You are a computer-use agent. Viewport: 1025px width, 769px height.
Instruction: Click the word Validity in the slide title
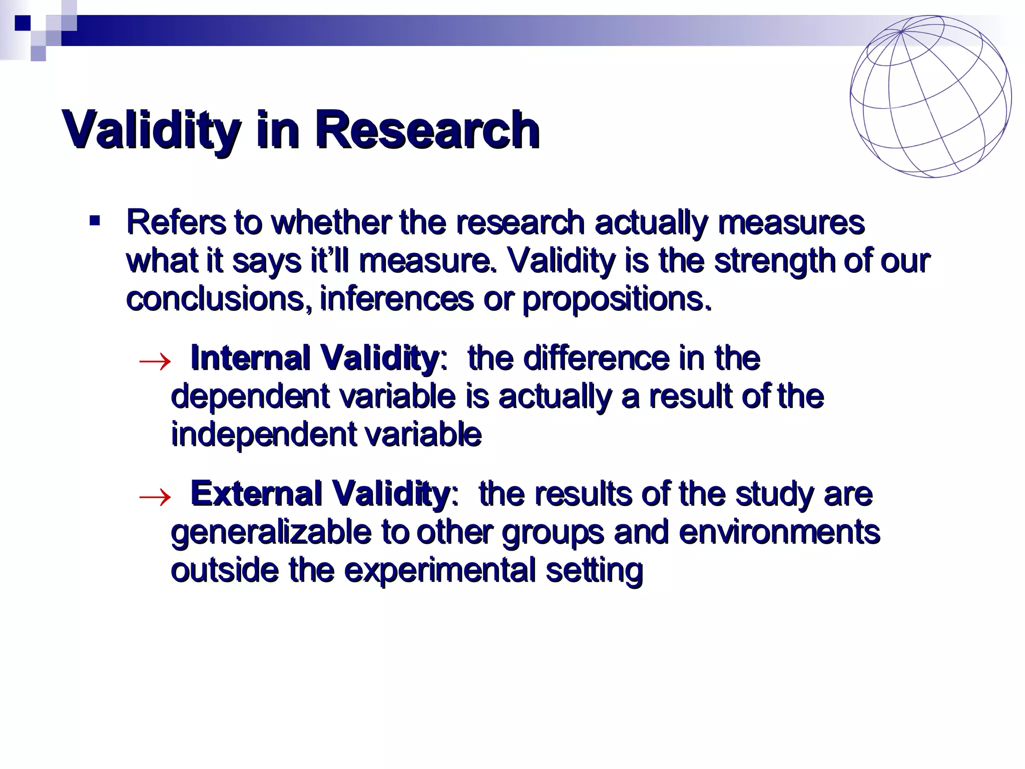[150, 130]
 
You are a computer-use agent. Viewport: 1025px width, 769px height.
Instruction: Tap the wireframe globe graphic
[930, 97]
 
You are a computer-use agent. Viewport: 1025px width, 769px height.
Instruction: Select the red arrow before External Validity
[155, 497]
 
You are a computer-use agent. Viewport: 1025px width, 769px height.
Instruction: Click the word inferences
[396, 299]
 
